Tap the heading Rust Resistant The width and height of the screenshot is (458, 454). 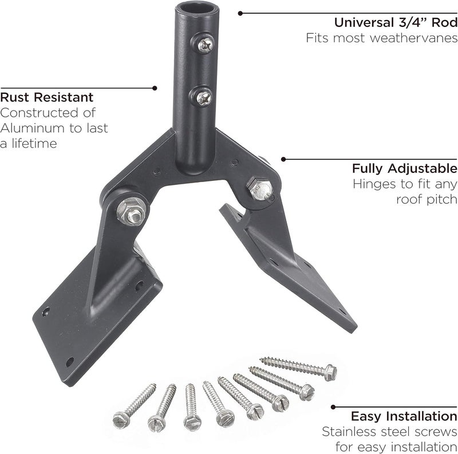coord(47,97)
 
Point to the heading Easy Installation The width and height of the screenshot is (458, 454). coord(404,416)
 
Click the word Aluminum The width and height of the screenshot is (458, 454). coord(34,128)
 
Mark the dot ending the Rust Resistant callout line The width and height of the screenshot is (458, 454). coord(155,88)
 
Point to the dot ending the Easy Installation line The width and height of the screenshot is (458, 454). coord(333,407)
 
